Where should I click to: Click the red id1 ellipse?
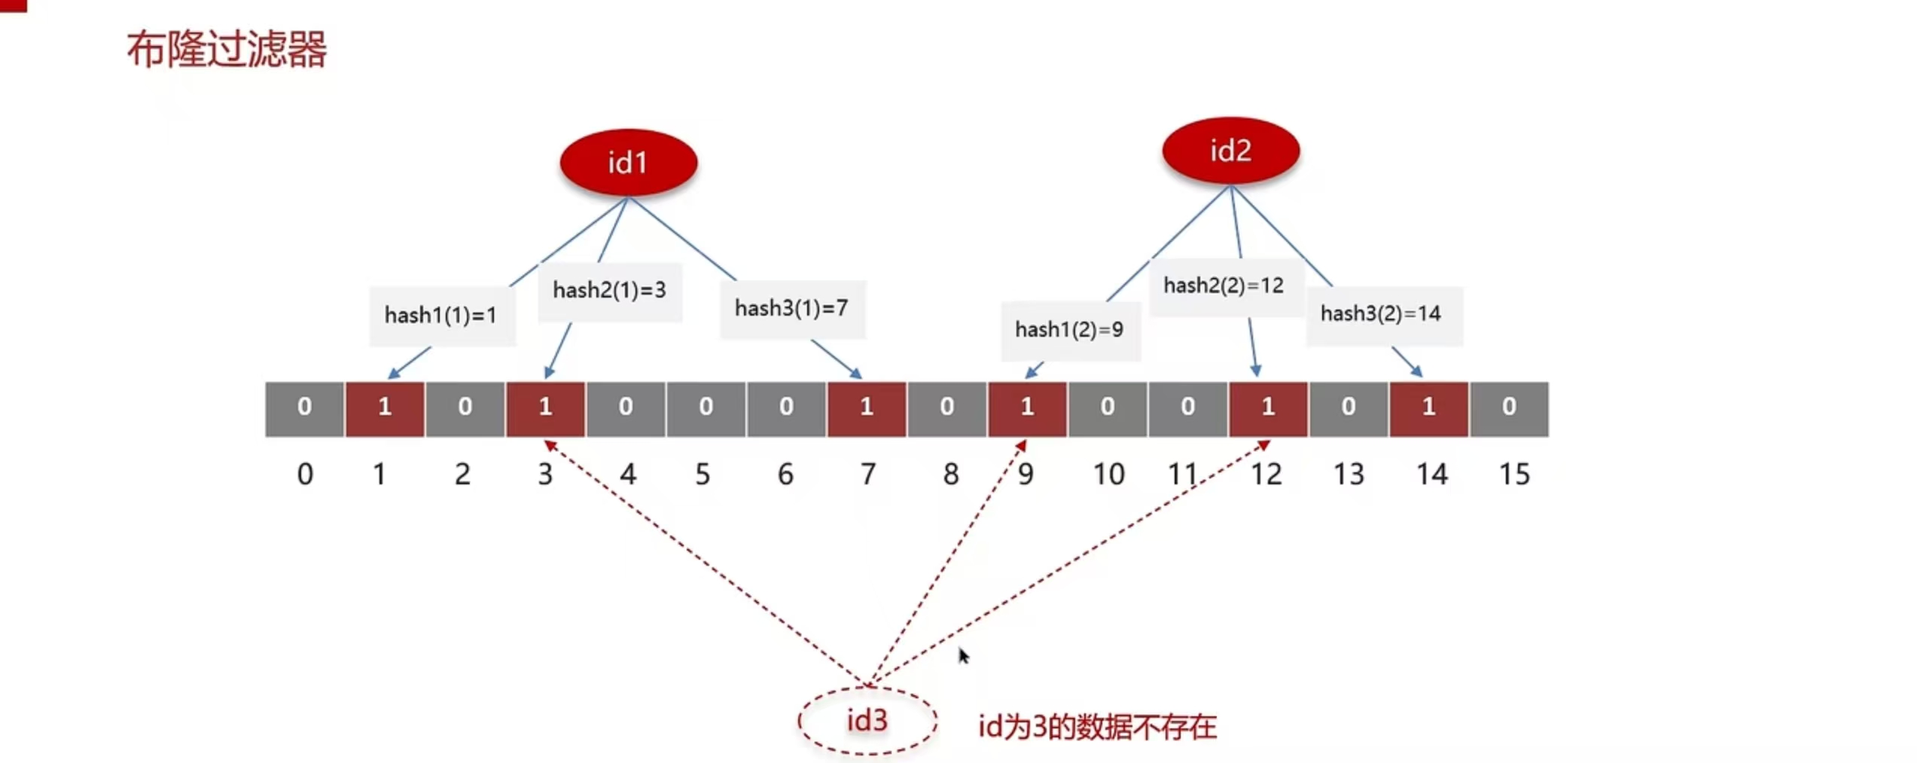click(628, 163)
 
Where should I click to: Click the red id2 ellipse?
click(1230, 151)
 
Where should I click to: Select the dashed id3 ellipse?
click(867, 721)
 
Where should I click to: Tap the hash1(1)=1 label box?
click(441, 315)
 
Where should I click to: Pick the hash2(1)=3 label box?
click(609, 291)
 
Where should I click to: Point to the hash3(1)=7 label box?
click(792, 309)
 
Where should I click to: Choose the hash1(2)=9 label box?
click(1069, 330)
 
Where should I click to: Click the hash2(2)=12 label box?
click(1224, 286)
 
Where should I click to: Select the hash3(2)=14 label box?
click(1382, 314)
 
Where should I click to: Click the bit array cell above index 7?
click(867, 408)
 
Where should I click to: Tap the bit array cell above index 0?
click(304, 408)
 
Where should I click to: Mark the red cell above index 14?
click(1428, 408)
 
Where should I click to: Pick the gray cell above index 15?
click(1509, 408)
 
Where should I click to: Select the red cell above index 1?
click(384, 408)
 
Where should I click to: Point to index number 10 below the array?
click(1108, 475)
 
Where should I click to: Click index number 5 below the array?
click(702, 475)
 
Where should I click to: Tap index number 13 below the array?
click(1349, 475)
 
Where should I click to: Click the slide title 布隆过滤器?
click(227, 50)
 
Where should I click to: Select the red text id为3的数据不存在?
click(1097, 727)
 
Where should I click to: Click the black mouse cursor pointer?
click(963, 656)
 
